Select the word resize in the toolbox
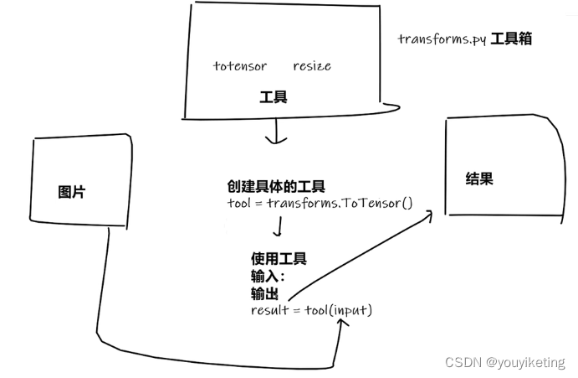pyautogui.click(x=312, y=65)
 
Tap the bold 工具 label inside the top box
pyautogui.click(x=274, y=97)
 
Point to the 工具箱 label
pyautogui.click(x=511, y=39)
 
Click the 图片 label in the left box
pyautogui.click(x=71, y=192)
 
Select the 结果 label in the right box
pyautogui.click(x=478, y=179)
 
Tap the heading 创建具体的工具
pyautogui.click(x=276, y=186)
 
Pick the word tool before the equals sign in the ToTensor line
pyautogui.click(x=239, y=203)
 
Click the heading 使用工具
pyautogui.click(x=279, y=258)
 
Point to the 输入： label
pyautogui.click(x=268, y=276)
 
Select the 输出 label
pyautogui.click(x=264, y=293)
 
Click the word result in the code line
pyautogui.click(x=269, y=310)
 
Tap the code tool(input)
pyautogui.click(x=341, y=310)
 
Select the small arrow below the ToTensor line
pyautogui.click(x=277, y=227)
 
